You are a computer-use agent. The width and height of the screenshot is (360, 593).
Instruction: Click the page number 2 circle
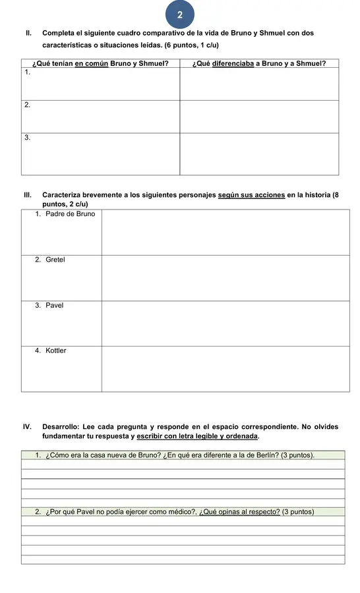tap(179, 14)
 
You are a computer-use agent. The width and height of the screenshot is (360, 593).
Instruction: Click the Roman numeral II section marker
tap(28, 33)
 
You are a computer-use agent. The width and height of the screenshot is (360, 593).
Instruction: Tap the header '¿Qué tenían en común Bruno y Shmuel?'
tap(100, 63)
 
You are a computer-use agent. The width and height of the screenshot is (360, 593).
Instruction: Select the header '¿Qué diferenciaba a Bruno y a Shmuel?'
tap(259, 63)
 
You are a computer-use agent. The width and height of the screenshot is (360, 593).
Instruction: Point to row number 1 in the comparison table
tap(27, 72)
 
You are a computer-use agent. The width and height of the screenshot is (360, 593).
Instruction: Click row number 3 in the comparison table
tap(27, 138)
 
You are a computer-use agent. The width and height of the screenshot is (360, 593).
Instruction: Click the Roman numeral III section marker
tap(28, 195)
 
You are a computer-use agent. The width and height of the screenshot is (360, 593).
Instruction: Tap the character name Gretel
tap(55, 260)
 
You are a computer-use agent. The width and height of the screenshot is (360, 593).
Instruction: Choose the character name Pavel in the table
tap(55, 305)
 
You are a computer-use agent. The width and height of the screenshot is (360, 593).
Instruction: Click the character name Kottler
tap(56, 351)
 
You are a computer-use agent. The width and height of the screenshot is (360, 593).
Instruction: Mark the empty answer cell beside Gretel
tap(225, 277)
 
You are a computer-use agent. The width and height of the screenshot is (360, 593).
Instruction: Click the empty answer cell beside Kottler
tap(225, 368)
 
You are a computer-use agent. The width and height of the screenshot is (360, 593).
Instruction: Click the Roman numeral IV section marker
tap(28, 427)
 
